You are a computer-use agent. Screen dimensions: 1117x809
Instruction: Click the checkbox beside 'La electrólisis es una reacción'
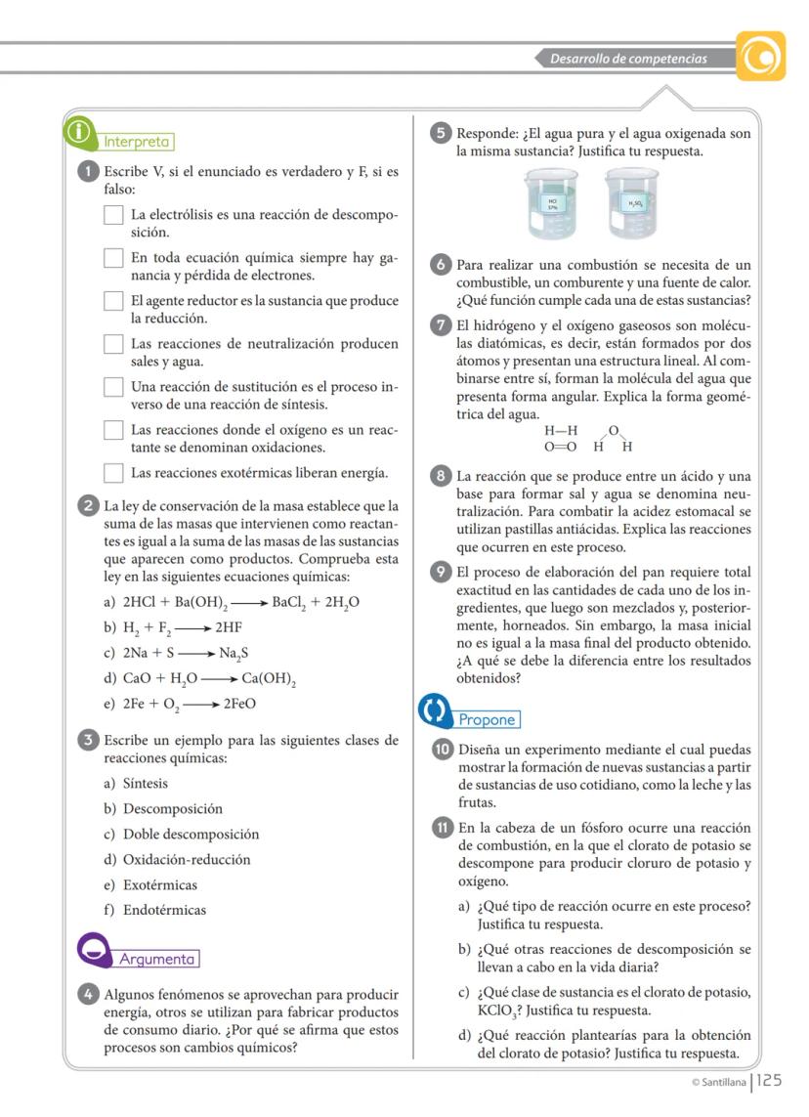pos(113,216)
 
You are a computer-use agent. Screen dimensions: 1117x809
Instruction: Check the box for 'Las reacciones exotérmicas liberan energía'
pos(113,474)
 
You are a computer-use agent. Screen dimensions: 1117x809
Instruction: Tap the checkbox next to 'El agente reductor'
pos(113,301)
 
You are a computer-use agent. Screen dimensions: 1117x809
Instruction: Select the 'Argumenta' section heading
pos(157,959)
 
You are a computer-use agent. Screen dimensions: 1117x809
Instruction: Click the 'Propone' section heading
pos(487,720)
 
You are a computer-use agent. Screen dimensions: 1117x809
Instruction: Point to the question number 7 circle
pos(441,325)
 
